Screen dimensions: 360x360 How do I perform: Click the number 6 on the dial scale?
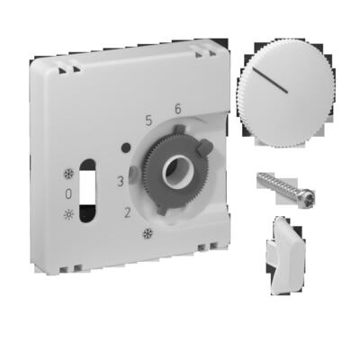(177, 109)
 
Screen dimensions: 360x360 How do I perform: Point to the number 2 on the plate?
(127, 212)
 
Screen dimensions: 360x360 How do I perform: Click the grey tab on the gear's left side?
(135, 171)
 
